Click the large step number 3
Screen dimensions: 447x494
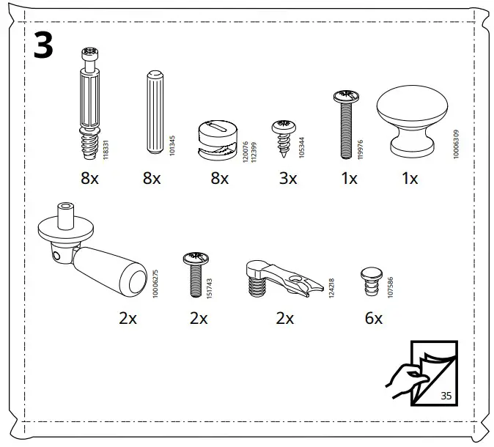coord(43,48)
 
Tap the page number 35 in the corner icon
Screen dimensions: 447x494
coord(446,396)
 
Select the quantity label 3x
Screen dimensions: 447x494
coord(288,178)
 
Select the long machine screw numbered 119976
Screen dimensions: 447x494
coord(344,125)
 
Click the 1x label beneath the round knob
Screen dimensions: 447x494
coord(409,178)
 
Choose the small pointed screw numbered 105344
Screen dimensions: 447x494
coord(282,135)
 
